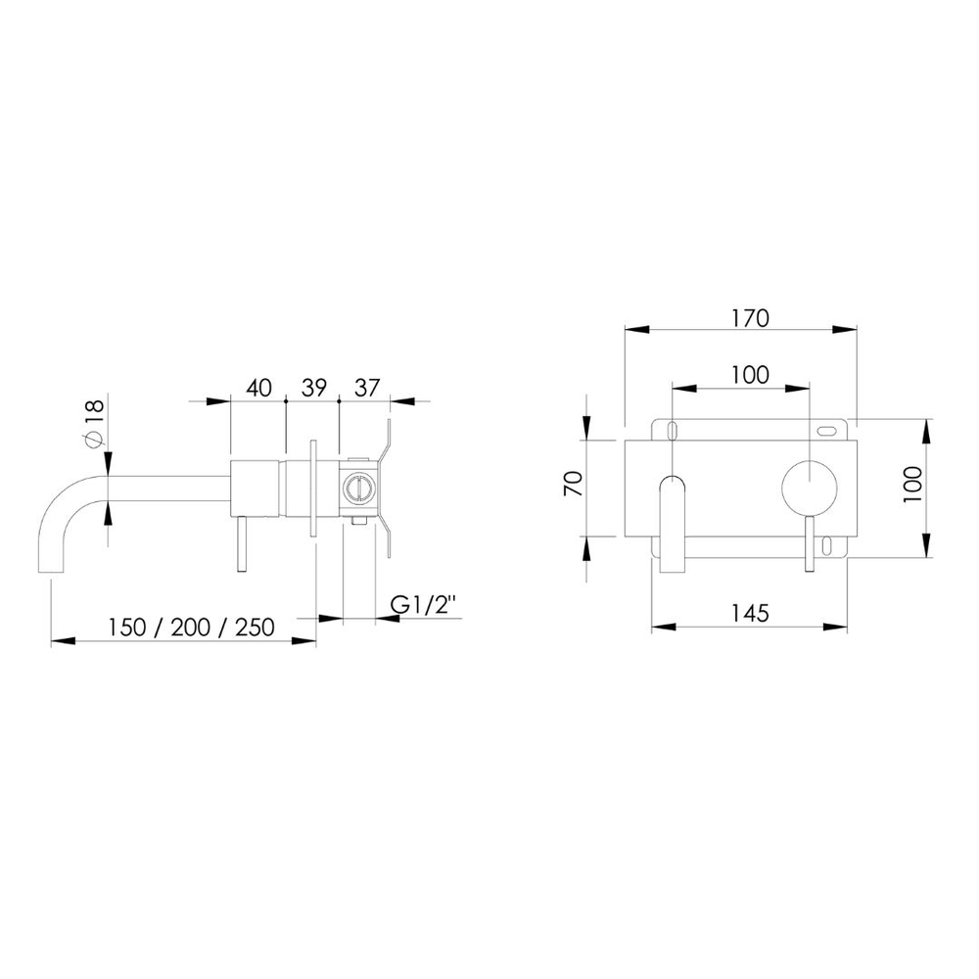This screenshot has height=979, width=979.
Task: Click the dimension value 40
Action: (259, 388)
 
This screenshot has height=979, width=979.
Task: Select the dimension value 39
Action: (313, 388)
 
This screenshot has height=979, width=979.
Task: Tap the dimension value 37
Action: (366, 388)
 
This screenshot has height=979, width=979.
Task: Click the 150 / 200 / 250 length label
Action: (191, 627)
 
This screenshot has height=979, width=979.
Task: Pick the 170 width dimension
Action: (751, 318)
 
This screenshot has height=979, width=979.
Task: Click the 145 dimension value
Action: (750, 613)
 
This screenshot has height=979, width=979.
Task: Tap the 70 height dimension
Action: (573, 484)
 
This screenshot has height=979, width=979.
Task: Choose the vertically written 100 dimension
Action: (911, 484)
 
